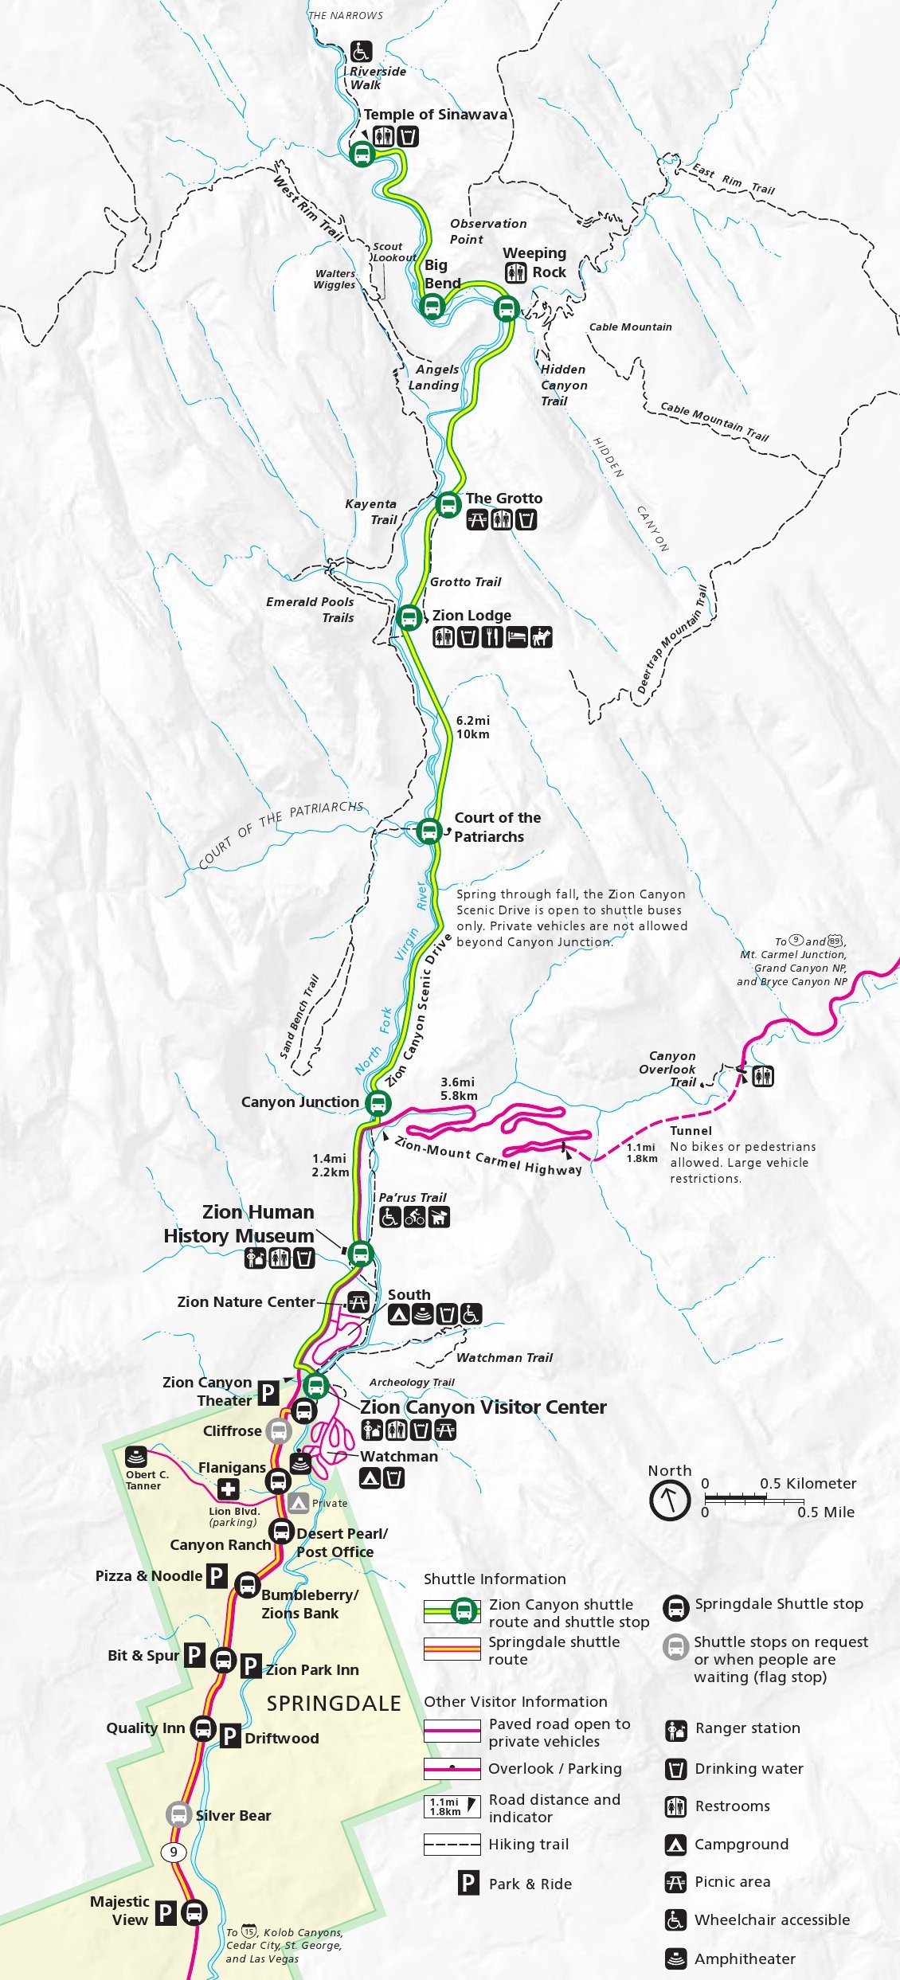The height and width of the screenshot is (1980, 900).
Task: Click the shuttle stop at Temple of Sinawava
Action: (x=362, y=154)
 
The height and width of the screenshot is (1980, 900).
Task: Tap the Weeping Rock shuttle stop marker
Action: (x=506, y=308)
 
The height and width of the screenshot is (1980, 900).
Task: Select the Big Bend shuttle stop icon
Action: (x=432, y=306)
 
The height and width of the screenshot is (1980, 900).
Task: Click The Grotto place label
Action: (x=503, y=499)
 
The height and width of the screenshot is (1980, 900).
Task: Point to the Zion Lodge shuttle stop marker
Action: (x=409, y=617)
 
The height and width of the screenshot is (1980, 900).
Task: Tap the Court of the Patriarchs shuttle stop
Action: (x=428, y=831)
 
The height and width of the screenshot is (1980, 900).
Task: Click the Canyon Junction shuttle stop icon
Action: (x=378, y=1103)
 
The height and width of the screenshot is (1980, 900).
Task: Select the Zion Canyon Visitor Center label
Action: (x=483, y=1407)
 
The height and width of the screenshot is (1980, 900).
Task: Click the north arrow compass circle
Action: (x=669, y=1501)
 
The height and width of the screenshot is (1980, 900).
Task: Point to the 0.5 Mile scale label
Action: (x=825, y=1512)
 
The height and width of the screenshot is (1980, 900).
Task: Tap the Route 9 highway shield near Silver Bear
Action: (x=173, y=1852)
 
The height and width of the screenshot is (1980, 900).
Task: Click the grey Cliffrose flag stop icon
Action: (x=278, y=1431)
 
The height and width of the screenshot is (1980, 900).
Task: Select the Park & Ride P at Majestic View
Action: (x=166, y=1912)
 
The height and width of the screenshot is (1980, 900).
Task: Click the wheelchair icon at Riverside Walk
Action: (x=361, y=52)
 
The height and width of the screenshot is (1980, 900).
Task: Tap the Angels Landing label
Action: (x=435, y=378)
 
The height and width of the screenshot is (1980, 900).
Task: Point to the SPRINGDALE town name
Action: (x=333, y=1704)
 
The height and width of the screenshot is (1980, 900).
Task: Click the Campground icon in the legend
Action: (x=675, y=1844)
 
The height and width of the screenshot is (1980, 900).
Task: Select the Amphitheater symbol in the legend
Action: (x=675, y=1958)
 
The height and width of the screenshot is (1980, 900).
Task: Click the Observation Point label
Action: (x=487, y=232)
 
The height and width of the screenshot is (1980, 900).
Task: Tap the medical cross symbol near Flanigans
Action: (x=229, y=1489)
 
